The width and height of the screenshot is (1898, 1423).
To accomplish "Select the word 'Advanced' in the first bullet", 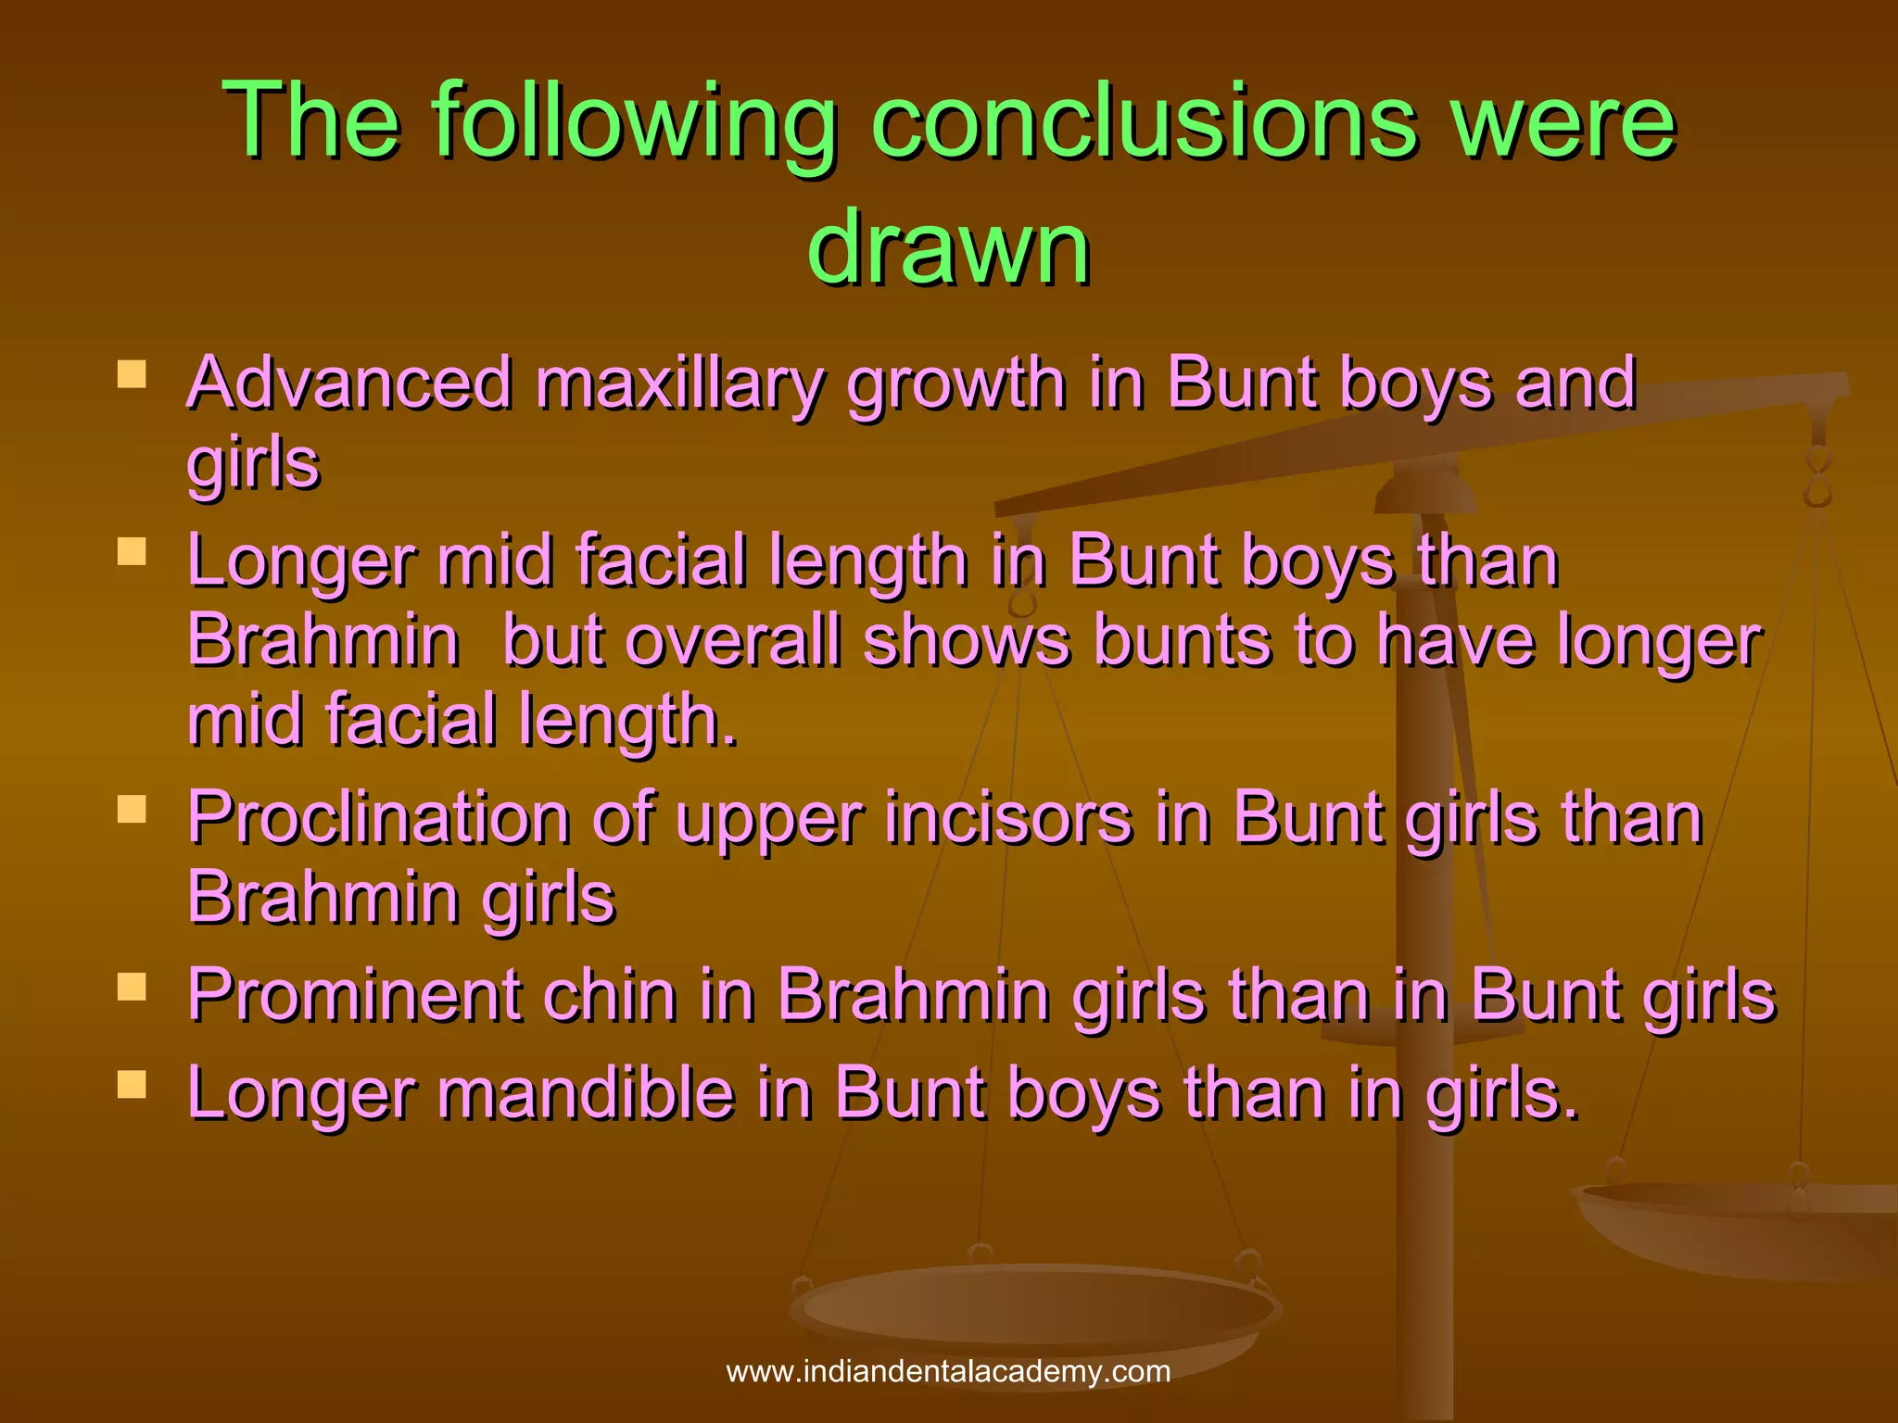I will [349, 383].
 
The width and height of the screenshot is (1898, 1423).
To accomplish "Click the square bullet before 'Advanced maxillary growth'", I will [133, 374].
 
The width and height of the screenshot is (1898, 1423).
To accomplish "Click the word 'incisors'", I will [1008, 818].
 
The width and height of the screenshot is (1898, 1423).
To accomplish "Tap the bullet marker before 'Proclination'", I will [133, 810].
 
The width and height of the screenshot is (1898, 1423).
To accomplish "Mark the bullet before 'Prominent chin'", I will [133, 988].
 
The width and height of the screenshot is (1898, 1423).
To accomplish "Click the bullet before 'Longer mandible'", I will [133, 1085].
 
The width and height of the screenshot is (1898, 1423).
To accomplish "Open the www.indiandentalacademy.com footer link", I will [948, 1371].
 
